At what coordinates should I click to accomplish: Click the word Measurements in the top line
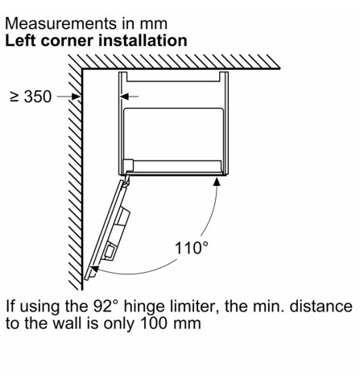61,23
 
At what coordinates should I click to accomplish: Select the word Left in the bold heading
20,40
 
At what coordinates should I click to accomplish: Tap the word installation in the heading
143,40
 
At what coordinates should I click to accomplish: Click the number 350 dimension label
38,97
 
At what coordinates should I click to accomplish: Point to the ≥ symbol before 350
14,97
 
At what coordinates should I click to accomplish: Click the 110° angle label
192,248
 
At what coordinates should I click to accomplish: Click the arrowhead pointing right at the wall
76,97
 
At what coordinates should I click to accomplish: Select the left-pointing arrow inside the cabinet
129,97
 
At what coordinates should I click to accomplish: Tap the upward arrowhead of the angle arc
217,182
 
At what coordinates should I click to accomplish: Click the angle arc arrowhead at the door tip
95,268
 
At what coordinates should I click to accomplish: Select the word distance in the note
321,306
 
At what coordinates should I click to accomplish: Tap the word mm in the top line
154,25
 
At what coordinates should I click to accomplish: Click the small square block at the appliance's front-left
128,164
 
